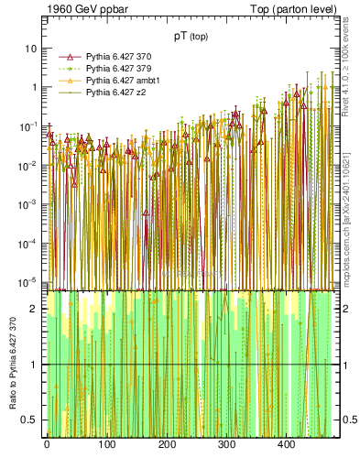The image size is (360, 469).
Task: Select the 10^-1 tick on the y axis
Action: click(x=29, y=125)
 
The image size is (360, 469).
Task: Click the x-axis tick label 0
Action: click(x=46, y=444)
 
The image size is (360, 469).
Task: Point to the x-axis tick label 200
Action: click(x=166, y=444)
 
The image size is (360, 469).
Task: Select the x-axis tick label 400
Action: click(x=286, y=444)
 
